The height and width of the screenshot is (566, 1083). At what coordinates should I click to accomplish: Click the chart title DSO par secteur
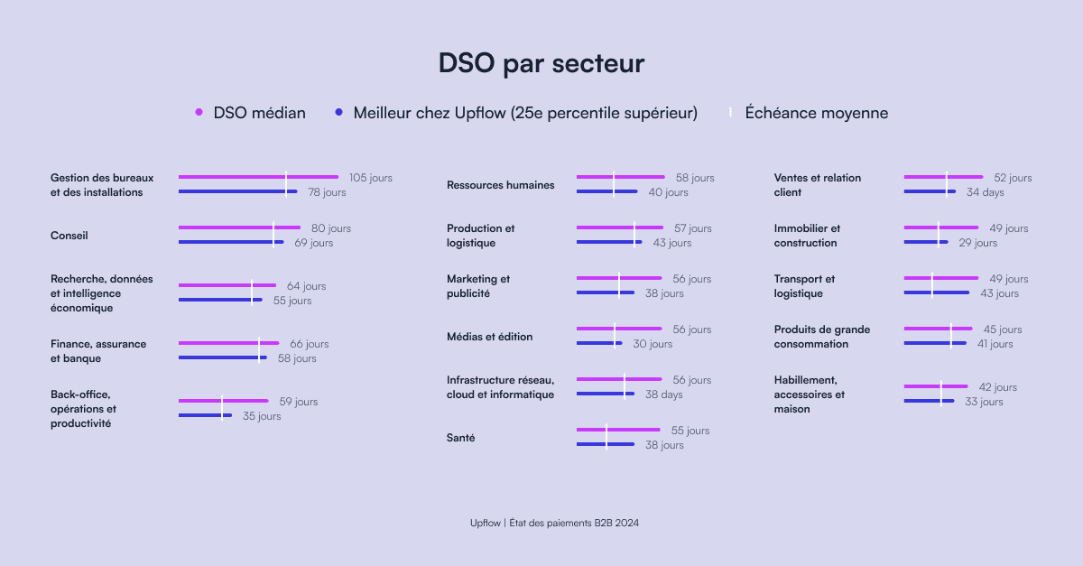541,63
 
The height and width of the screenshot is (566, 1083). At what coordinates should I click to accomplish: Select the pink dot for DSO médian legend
199,112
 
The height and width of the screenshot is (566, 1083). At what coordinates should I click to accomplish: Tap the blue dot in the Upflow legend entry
339,112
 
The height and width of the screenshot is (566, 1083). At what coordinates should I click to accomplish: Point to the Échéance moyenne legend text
816,113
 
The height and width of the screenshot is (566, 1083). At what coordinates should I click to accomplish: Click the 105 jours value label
371,178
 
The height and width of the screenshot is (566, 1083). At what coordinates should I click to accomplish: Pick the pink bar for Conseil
239,227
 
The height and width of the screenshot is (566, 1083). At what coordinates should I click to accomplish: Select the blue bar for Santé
606,444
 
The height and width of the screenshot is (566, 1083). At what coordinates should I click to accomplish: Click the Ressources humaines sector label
500,185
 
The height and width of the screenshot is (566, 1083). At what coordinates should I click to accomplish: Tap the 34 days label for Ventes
985,192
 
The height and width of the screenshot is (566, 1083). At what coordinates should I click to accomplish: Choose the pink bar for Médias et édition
619,329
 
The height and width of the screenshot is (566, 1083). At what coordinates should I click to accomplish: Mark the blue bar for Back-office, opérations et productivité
205,415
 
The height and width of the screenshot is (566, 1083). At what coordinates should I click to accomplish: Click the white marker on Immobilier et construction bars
939,235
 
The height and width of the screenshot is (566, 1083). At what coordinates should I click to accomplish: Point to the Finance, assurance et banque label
98,351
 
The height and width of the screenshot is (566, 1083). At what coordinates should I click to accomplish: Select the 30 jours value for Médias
653,344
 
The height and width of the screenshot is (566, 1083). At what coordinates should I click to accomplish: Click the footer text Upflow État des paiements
554,523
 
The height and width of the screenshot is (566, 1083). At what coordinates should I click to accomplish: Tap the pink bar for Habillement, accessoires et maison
936,386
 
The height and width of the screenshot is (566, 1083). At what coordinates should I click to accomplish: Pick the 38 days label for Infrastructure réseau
664,394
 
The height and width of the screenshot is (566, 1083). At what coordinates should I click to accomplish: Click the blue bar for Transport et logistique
937,292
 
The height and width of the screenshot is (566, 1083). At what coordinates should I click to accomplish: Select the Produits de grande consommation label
822,336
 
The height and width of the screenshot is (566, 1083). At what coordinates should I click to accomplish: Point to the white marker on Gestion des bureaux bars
286,184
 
